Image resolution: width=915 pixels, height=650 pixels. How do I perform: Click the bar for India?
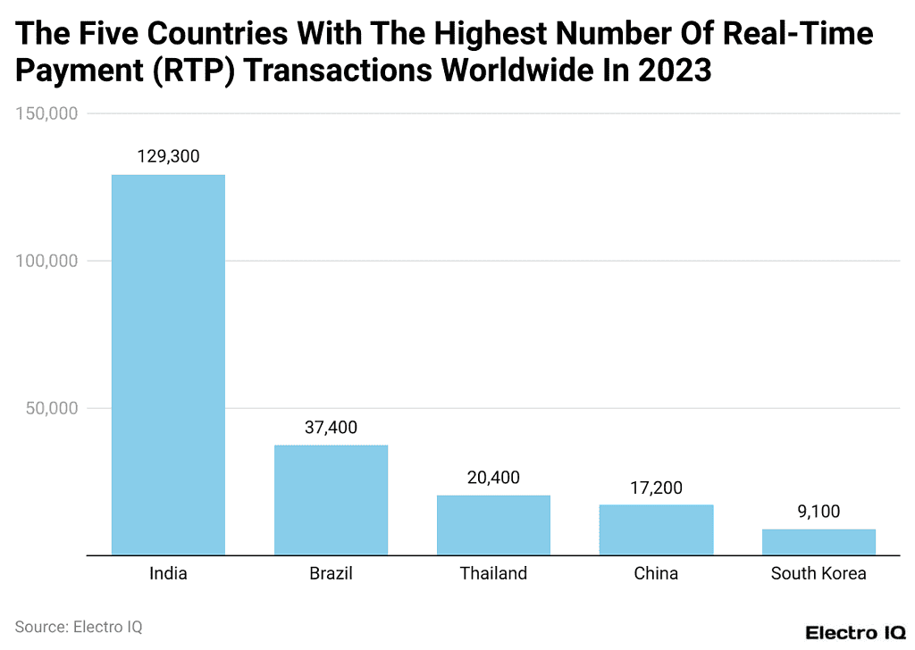168,364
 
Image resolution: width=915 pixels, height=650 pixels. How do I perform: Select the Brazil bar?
331,500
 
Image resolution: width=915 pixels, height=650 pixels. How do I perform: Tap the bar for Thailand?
493,525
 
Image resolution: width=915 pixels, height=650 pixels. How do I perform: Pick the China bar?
656,529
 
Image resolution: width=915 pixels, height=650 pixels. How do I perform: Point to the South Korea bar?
818,542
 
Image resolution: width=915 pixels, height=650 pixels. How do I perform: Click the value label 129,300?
168,156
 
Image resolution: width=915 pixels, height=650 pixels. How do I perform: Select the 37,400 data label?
331,428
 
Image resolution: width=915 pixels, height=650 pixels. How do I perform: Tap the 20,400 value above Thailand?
493,478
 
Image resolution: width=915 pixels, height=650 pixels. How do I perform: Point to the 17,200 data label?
656,487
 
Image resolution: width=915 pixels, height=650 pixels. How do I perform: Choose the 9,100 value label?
818,512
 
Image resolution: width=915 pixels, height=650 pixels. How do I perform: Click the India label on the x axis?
168,573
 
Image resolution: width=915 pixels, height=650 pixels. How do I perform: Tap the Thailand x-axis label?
493,573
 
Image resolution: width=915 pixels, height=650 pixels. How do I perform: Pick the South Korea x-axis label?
818,573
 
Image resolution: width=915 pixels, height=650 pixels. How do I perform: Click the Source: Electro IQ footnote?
79,627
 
